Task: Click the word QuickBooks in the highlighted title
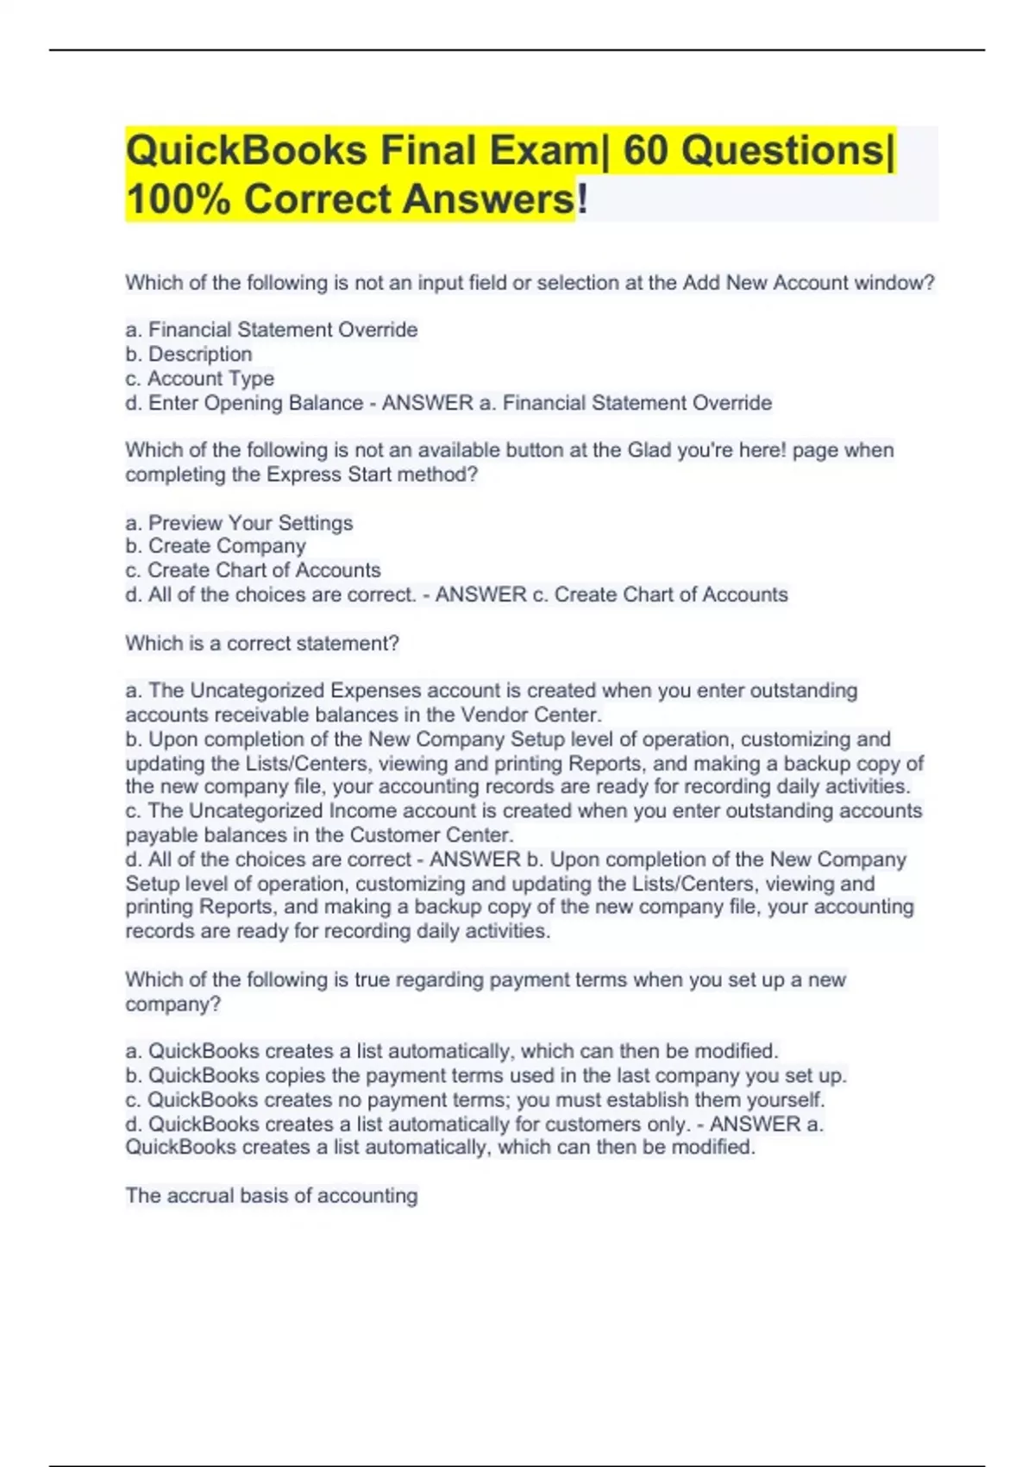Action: click(247, 152)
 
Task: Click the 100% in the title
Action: click(178, 199)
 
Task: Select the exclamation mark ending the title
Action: click(582, 199)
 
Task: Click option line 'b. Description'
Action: click(189, 354)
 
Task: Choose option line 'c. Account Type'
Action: click(200, 378)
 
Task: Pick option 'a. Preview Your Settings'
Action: click(239, 523)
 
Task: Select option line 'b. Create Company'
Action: click(216, 546)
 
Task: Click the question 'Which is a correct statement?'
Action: click(262, 643)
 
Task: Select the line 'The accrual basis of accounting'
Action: click(272, 1195)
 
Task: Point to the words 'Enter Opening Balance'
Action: click(255, 403)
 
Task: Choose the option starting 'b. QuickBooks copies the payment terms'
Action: click(486, 1075)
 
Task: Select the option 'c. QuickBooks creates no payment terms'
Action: click(475, 1099)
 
